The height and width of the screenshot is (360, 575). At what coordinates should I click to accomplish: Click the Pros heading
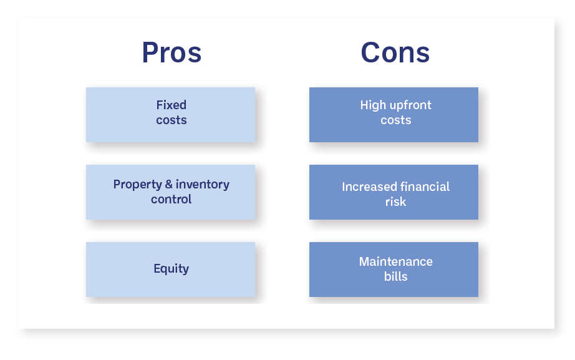click(172, 52)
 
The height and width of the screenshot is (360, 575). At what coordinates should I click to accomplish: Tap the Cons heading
click(395, 52)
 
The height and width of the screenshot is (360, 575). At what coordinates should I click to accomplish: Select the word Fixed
click(172, 105)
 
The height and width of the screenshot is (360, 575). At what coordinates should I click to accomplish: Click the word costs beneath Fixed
click(172, 120)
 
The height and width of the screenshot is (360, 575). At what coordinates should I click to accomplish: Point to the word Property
click(138, 185)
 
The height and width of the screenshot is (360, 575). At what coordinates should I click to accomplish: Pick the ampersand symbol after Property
click(168, 184)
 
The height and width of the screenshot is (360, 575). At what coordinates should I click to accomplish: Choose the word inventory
click(203, 185)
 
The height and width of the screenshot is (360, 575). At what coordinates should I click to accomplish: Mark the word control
click(172, 199)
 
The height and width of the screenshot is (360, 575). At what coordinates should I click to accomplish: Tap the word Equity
click(172, 269)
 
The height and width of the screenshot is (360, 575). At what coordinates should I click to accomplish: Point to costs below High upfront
click(395, 120)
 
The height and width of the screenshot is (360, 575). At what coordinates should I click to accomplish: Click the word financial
click(423, 187)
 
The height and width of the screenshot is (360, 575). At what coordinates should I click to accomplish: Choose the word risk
click(395, 202)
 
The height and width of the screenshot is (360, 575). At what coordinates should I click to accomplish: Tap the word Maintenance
click(395, 261)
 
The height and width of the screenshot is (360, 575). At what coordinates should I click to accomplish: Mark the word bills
click(395, 276)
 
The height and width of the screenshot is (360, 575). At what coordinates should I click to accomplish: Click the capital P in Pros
click(150, 52)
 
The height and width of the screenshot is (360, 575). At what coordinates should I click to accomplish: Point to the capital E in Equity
click(157, 268)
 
